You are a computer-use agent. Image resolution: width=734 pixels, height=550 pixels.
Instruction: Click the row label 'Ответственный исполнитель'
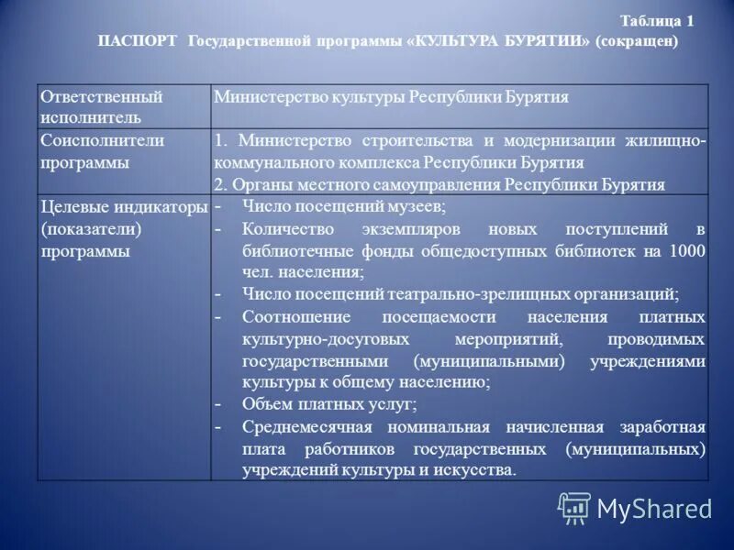(x=101, y=106)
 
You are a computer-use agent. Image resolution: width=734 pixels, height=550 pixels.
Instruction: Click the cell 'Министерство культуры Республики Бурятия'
(x=391, y=97)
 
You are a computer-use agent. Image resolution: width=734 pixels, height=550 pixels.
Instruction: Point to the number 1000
(x=687, y=250)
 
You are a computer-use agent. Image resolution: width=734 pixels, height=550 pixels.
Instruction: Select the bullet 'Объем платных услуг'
(x=329, y=404)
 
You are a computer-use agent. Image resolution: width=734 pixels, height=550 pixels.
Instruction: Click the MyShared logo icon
(x=574, y=508)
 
